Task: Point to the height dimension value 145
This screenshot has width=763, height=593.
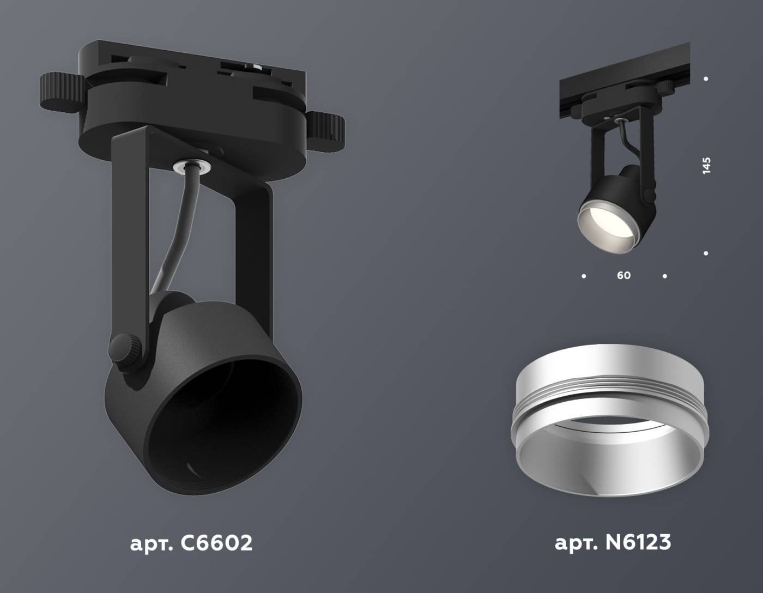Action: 707,165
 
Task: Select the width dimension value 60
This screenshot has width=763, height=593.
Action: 624,276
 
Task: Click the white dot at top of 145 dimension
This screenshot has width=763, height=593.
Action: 706,79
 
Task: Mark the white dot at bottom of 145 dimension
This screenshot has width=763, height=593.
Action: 706,253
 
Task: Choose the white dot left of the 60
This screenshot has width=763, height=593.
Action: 584,276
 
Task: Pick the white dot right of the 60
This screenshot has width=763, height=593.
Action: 664,276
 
